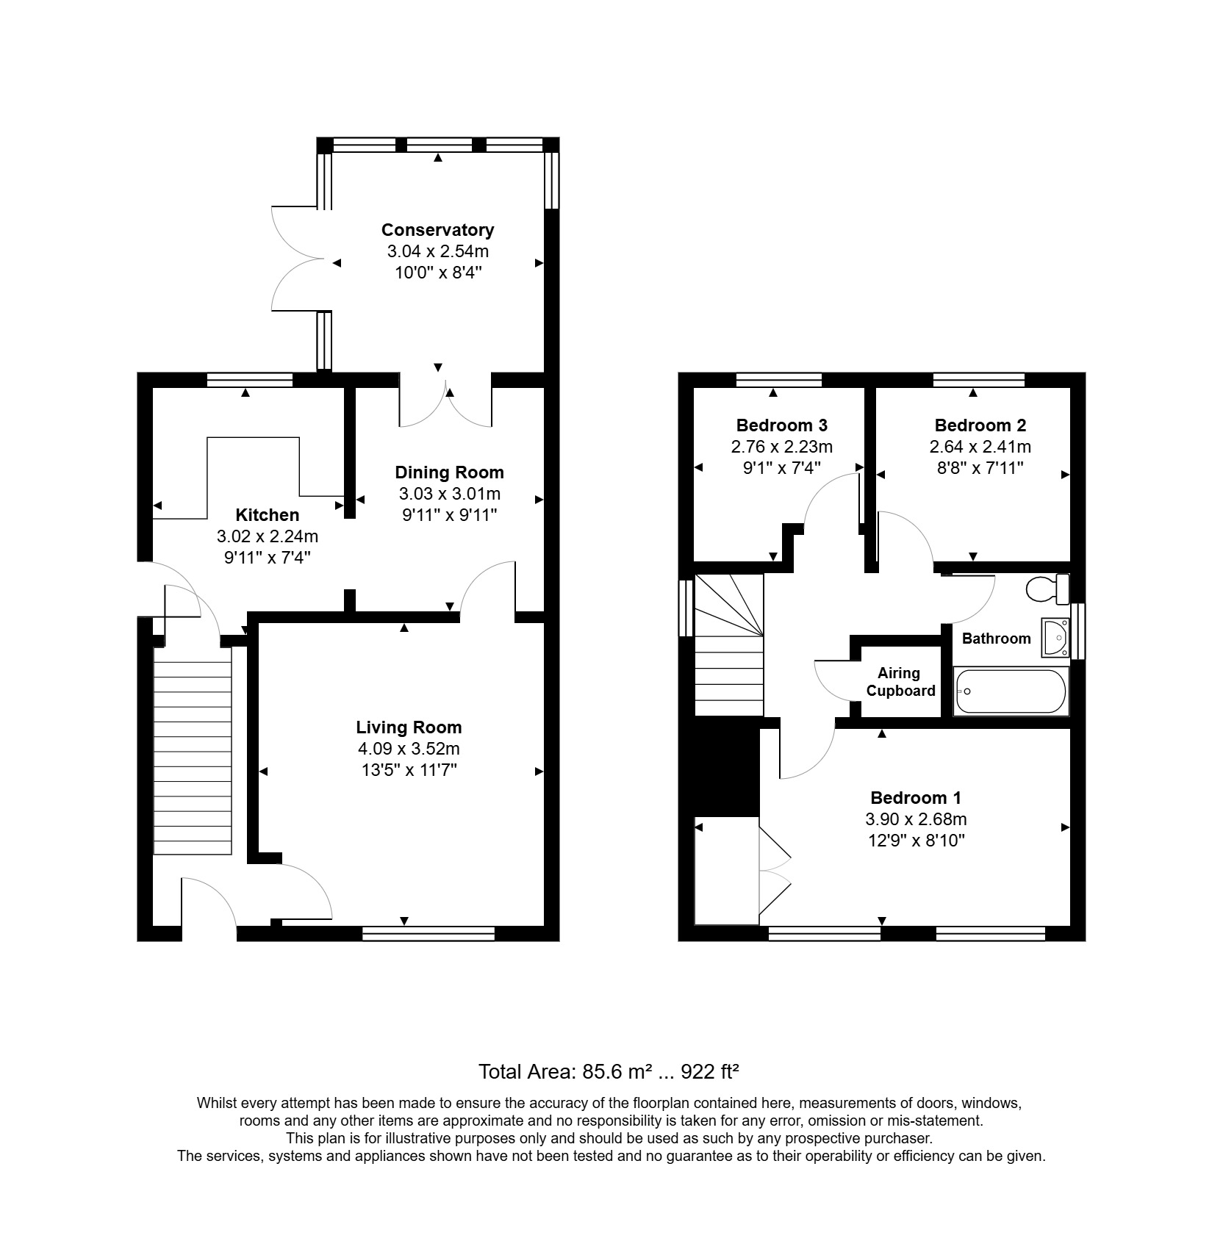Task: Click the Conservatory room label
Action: pyautogui.click(x=437, y=230)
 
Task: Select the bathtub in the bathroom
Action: pyautogui.click(x=1010, y=691)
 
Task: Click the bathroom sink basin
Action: pyautogui.click(x=1055, y=637)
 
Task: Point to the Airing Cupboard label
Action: pyautogui.click(x=900, y=682)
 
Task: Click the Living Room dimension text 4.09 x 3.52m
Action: pyautogui.click(x=409, y=749)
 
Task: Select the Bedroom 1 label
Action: pyautogui.click(x=915, y=797)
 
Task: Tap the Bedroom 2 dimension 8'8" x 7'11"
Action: pyautogui.click(x=980, y=468)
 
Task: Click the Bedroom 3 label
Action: pyautogui.click(x=781, y=425)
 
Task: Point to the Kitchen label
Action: pyautogui.click(x=267, y=514)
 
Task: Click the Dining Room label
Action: pyautogui.click(x=449, y=472)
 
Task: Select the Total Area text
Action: pyautogui.click(x=608, y=1071)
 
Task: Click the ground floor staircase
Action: pyautogui.click(x=192, y=757)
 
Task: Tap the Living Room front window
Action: pyautogui.click(x=428, y=933)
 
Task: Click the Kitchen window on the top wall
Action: pyautogui.click(x=249, y=380)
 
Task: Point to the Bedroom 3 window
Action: pyautogui.click(x=778, y=380)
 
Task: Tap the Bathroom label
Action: pyautogui.click(x=996, y=639)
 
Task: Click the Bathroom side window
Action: pyautogui.click(x=1077, y=631)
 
